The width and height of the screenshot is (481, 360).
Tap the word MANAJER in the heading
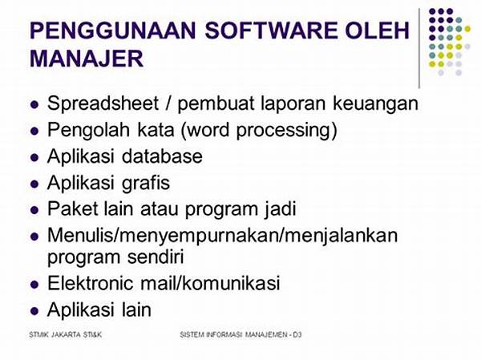point(87,59)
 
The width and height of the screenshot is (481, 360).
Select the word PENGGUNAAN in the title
point(113,30)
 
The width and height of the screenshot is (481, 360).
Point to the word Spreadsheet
point(103,103)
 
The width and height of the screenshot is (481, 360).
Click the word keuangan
point(375,104)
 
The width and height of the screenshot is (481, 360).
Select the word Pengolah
point(88,130)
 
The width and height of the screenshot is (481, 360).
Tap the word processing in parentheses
point(286,130)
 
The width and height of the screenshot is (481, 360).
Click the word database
point(162,156)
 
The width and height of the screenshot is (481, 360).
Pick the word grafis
point(146,184)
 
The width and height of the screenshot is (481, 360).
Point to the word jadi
point(280,210)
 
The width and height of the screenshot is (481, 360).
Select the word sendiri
point(156,257)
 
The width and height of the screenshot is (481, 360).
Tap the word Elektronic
point(90,283)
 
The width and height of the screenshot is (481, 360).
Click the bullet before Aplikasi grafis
point(34,184)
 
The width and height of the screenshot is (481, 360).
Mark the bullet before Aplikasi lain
point(34,310)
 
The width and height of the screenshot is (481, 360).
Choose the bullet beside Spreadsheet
point(34,105)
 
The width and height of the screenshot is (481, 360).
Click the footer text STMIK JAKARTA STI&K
point(65,335)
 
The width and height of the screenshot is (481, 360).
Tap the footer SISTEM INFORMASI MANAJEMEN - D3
point(240,335)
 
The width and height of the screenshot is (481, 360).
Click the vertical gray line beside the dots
point(419,48)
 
